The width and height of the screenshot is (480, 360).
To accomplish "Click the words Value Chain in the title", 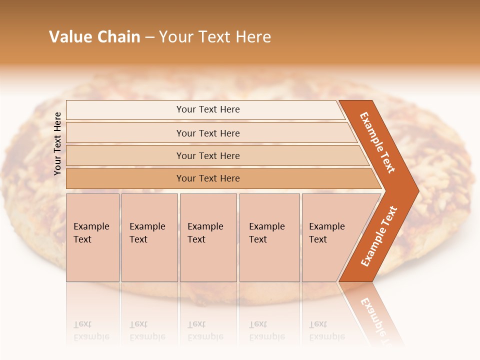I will (x=94, y=37).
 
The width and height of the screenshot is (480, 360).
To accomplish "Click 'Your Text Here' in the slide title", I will (x=215, y=37).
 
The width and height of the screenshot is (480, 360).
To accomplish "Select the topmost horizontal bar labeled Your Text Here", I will (x=207, y=109).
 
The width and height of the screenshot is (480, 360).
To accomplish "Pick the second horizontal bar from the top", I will (x=207, y=133).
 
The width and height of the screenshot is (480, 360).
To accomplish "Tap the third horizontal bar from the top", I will (x=207, y=156).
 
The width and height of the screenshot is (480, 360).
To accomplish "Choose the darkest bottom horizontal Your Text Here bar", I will (x=207, y=178).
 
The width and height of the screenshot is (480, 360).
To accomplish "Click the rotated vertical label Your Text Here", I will (x=57, y=143).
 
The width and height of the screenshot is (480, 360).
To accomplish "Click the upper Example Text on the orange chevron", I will (x=377, y=142).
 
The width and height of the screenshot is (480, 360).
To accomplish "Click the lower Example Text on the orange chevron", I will (x=379, y=236).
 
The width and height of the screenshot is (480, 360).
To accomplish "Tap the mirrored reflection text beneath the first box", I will (x=91, y=330).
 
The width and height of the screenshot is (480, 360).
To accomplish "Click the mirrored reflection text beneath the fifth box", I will (x=326, y=330).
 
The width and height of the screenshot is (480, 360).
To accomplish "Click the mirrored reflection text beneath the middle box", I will (x=205, y=330).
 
